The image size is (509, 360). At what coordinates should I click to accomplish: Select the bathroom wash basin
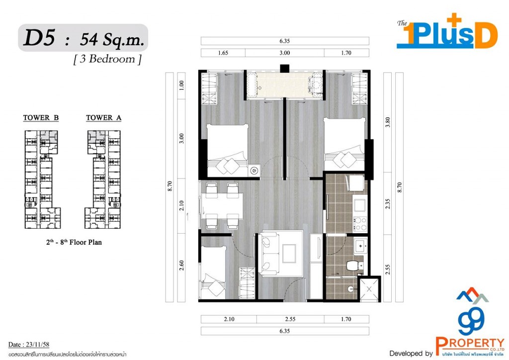click(x=360, y=244)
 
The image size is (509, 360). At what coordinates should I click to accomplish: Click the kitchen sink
click(x=359, y=203)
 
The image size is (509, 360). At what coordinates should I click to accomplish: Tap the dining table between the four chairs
click(x=222, y=205)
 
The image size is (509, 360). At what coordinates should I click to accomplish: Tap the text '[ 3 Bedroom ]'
click(x=107, y=59)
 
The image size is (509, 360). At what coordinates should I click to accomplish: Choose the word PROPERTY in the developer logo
click(x=470, y=342)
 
